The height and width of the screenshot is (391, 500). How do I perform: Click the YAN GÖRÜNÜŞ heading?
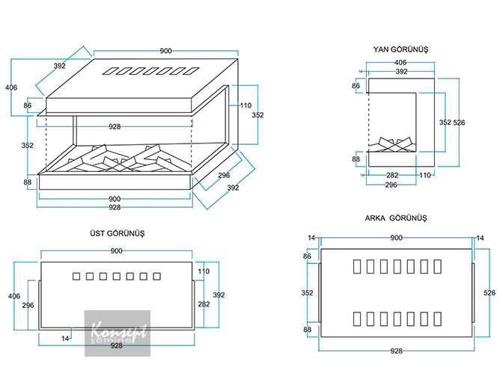(x=400, y=49)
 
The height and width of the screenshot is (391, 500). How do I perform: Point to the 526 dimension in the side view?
(x=459, y=122)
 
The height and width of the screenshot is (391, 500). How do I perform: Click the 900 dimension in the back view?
(x=396, y=238)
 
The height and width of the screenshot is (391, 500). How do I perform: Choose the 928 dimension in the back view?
(x=396, y=350)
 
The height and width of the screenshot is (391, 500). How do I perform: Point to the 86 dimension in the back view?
(x=306, y=256)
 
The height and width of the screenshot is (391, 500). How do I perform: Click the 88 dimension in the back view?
(x=306, y=329)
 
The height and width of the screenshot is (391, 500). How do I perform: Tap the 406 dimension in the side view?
(x=400, y=63)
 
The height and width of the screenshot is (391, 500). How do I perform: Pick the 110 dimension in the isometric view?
(x=246, y=105)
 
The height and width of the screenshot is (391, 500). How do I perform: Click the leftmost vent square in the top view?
(x=75, y=277)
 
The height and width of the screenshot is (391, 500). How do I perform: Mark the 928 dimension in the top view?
(x=116, y=346)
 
